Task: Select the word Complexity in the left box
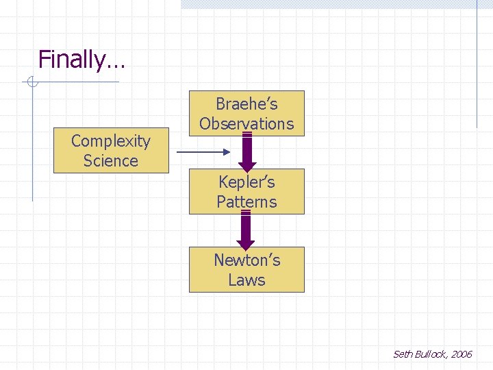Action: tap(110, 141)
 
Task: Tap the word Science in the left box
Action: tap(110, 161)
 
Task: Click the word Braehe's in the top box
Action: tap(246, 104)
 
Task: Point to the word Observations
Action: tap(246, 124)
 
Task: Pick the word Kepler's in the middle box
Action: tap(246, 182)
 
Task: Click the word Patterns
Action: tap(246, 202)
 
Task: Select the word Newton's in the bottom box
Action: tap(246, 260)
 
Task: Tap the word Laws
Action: tap(246, 280)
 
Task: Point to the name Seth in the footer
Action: tap(402, 354)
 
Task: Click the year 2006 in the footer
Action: tap(462, 354)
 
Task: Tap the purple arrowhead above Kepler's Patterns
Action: tap(247, 165)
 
